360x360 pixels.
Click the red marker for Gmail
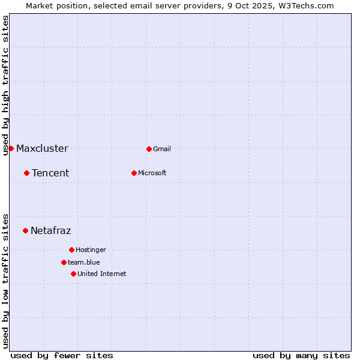149,149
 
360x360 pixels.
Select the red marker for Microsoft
134,173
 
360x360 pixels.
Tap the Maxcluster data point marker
11,148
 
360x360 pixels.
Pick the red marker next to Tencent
26,173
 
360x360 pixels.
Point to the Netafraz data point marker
25,230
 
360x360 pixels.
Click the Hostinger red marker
71,250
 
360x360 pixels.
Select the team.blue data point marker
64,262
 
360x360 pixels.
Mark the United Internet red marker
73,274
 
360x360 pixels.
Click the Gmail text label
162,149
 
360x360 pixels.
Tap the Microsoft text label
152,173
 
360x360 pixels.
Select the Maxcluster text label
42,148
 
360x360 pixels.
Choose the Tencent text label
50,173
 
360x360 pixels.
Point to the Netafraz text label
50,230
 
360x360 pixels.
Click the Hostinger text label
91,250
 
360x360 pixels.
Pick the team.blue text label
83,262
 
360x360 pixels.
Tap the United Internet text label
101,274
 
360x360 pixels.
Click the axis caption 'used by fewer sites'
62,355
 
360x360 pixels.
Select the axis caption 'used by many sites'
301,355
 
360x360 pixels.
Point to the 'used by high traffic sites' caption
5,85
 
